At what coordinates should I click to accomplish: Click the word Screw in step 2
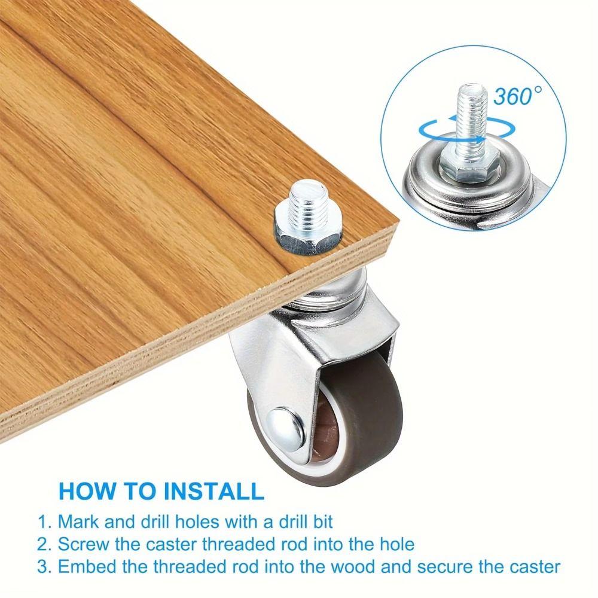coord(83,544)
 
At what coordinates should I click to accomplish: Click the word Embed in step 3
coord(86,567)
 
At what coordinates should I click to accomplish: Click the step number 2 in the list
coord(42,544)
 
